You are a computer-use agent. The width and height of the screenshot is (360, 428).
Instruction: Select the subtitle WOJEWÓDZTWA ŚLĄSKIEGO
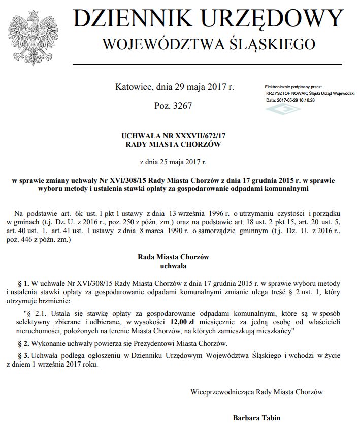pyautogui.click(x=209, y=45)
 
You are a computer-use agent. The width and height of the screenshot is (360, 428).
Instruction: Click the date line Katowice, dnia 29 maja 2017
pyautogui.click(x=175, y=87)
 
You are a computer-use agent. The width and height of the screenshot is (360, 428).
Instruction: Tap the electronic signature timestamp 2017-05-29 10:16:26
pyautogui.click(x=297, y=100)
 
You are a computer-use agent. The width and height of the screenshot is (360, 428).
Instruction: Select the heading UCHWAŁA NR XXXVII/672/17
pyautogui.click(x=174, y=136)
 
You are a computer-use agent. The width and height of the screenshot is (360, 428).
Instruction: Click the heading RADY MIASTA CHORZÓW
pyautogui.click(x=174, y=144)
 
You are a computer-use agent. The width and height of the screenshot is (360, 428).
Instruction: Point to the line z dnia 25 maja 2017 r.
pyautogui.click(x=173, y=162)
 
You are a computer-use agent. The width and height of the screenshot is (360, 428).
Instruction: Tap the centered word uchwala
pyautogui.click(x=173, y=265)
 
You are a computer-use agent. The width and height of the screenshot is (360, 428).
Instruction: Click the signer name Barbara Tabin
pyautogui.click(x=256, y=418)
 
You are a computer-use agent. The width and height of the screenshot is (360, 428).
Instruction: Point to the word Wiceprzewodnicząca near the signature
pyautogui.click(x=222, y=392)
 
